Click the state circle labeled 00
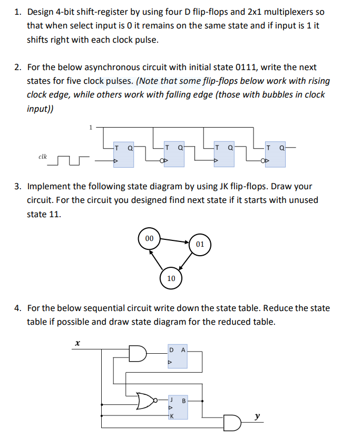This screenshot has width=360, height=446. click(150, 238)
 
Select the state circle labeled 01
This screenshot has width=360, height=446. click(200, 245)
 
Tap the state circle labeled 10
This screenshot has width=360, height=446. click(171, 278)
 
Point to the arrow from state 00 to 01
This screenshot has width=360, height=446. click(174, 241)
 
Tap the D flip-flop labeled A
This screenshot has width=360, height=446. click(177, 357)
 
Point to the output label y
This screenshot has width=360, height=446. click(256, 416)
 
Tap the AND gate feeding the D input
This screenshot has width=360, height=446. click(136, 353)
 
